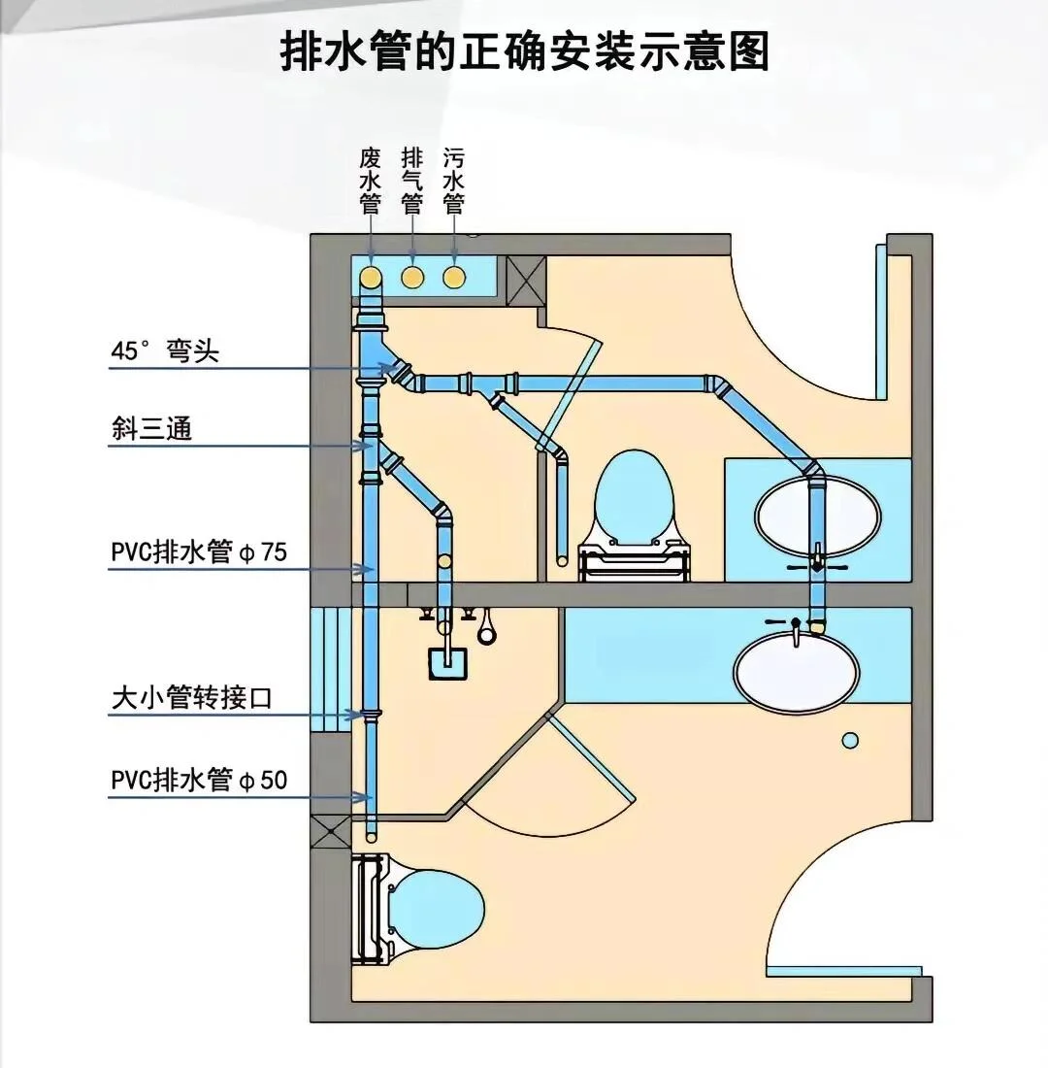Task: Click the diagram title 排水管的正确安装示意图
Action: [x=524, y=51]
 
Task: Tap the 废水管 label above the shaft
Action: [x=370, y=182]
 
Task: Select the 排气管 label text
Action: [x=412, y=182]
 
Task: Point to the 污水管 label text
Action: [x=453, y=182]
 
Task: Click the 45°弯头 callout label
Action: [x=164, y=350]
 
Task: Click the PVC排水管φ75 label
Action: [x=199, y=551]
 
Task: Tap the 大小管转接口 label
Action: [x=192, y=698]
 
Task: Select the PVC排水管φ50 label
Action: [x=199, y=780]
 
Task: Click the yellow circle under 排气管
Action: [x=412, y=278]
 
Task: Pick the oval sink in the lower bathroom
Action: [x=797, y=671]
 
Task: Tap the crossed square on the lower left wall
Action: [x=329, y=831]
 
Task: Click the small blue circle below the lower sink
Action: [x=850, y=741]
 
